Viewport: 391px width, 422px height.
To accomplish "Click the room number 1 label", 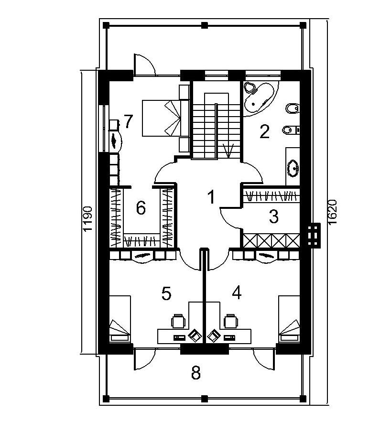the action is [x=212, y=197].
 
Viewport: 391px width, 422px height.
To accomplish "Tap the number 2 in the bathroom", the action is [x=264, y=131].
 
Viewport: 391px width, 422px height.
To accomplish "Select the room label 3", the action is [x=274, y=216].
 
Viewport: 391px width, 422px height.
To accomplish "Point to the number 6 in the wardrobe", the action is [x=141, y=207].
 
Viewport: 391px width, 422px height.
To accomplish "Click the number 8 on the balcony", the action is [x=196, y=373].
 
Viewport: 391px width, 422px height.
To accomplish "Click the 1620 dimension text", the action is [x=332, y=212].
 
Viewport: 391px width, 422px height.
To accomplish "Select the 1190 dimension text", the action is [x=88, y=219].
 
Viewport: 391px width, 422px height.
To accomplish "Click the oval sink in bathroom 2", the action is [x=293, y=168].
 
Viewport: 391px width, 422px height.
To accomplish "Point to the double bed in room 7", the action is [x=165, y=118].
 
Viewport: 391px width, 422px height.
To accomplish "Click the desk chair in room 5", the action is [x=178, y=321].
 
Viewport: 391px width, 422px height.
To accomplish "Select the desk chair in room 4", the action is [x=231, y=321].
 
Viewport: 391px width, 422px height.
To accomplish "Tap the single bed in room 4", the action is [x=289, y=319].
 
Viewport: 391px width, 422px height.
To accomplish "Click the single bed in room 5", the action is [x=120, y=319].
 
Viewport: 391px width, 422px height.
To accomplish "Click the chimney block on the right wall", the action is [x=314, y=235].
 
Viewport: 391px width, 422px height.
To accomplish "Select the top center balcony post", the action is [x=205, y=25].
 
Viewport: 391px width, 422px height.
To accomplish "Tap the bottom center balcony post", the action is [x=205, y=398].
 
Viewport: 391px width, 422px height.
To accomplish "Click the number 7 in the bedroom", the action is [x=129, y=121].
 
